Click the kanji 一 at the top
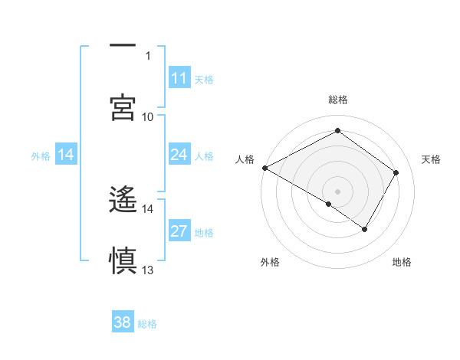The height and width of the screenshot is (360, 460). tap(123, 46)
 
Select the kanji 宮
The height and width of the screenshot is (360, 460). tap(123, 106)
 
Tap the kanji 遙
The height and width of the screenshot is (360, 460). tap(123, 199)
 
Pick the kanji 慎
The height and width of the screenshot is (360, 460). tap(123, 260)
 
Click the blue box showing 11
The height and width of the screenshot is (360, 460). tap(179, 78)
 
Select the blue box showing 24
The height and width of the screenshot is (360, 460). tap(179, 155)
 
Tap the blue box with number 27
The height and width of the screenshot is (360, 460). tap(179, 231)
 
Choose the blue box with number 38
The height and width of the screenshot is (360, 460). tap(123, 322)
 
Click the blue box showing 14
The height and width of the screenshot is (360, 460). tap(66, 155)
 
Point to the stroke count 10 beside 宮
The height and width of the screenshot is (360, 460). tap(148, 116)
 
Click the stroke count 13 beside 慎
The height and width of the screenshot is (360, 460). tap(148, 270)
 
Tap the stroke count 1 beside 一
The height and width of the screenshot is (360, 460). tap(148, 55)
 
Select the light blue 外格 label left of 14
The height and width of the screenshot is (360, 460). tap(41, 155)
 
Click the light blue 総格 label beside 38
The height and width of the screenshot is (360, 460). tap(147, 323)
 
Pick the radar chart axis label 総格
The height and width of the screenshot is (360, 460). tap(337, 100)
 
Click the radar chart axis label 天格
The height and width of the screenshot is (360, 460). tap(432, 159)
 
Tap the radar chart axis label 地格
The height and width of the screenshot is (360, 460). tap(402, 262)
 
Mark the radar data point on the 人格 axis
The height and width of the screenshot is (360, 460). tap(264, 168)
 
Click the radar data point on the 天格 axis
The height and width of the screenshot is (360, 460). tap(396, 173)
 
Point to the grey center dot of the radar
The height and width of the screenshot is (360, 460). tap(337, 191)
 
